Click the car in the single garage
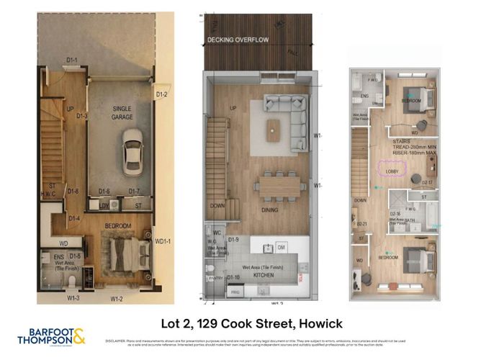(131, 150)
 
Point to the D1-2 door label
(161, 94)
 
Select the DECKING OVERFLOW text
(238, 40)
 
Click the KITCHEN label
(263, 275)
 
